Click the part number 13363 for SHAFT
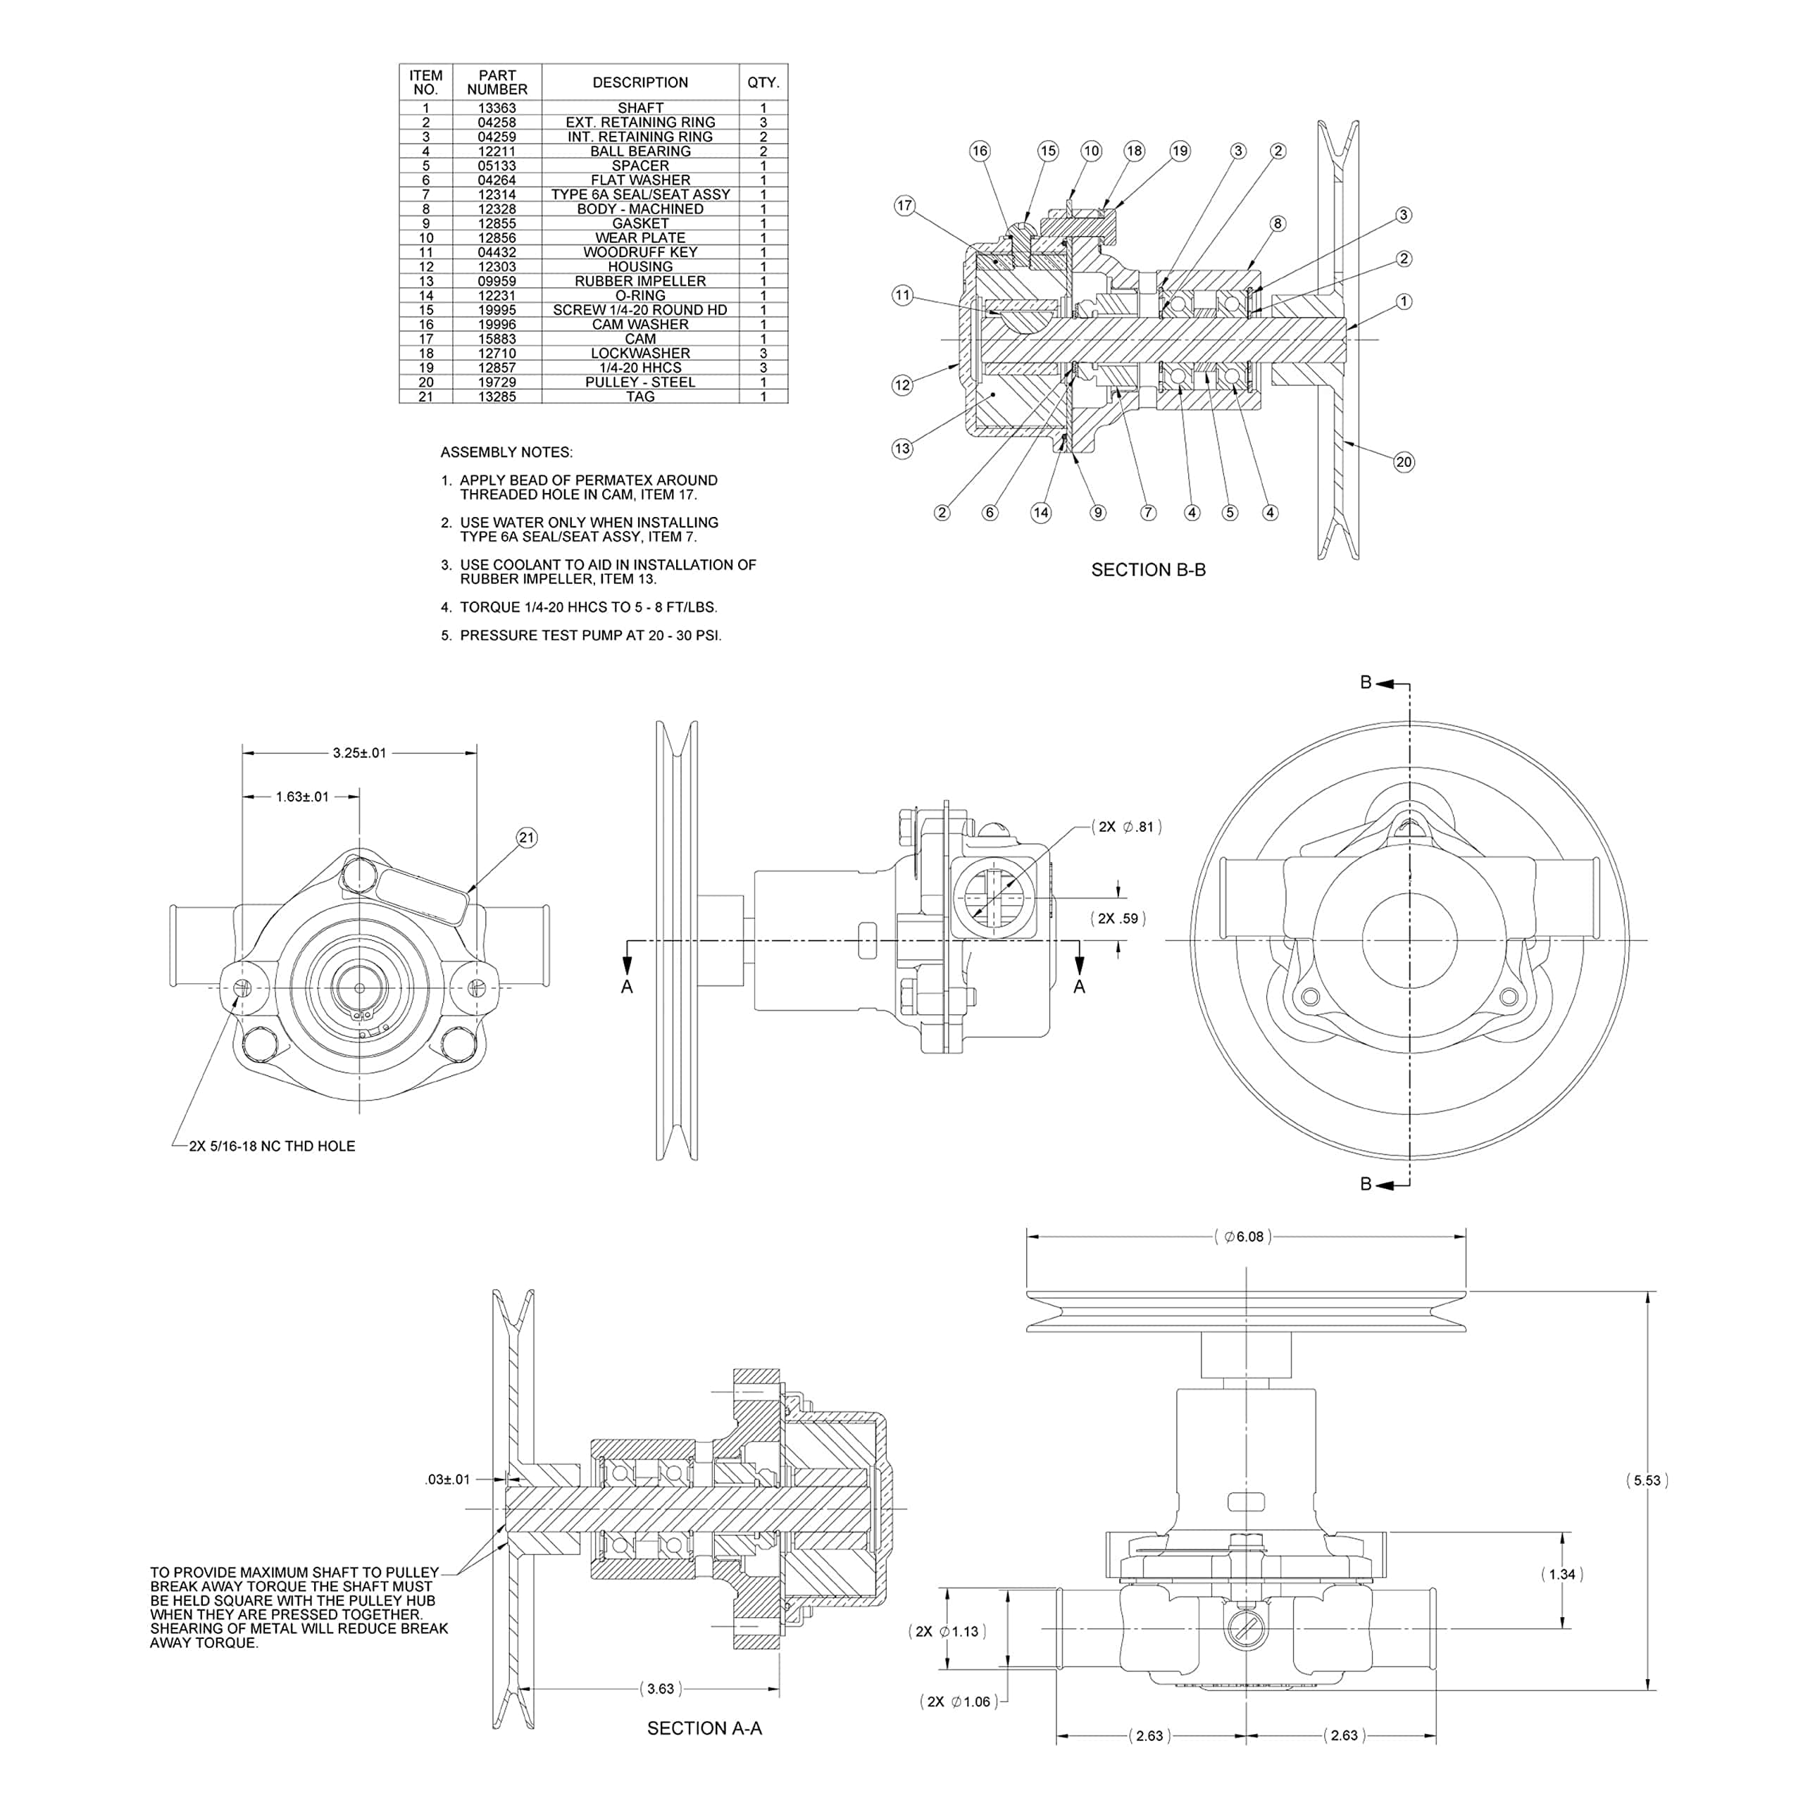497,108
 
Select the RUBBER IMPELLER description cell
640,281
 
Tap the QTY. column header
763,82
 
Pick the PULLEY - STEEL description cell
640,382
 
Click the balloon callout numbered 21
526,837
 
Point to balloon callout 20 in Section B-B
1403,462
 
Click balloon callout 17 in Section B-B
904,206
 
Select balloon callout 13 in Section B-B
901,448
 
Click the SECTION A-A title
704,1728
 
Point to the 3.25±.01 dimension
359,752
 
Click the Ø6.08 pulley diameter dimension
1243,1237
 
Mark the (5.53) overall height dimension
1647,1480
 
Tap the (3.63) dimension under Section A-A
660,1688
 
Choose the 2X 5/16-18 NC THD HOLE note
272,1146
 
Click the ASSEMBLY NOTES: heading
506,453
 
